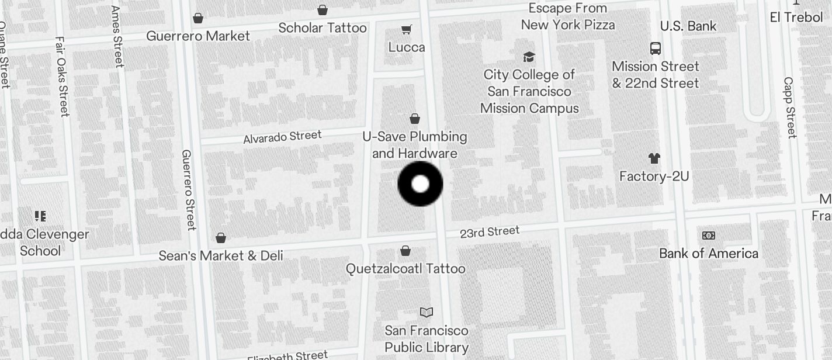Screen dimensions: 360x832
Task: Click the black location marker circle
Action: tap(420, 184)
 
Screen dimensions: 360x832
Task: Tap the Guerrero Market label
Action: tap(197, 36)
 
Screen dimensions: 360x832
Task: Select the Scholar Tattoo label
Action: tap(323, 27)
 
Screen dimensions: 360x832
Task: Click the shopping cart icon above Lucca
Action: tap(407, 29)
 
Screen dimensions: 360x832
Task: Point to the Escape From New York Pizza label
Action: tap(567, 16)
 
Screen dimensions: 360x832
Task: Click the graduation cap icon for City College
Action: tap(529, 57)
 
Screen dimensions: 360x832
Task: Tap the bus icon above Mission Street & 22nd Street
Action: tap(656, 49)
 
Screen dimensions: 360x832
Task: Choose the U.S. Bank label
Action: tap(688, 26)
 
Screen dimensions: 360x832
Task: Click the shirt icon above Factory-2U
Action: tap(654, 158)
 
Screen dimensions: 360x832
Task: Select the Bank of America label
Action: tap(708, 253)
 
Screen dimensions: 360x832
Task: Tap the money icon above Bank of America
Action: tap(708, 236)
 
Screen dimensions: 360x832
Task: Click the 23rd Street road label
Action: tap(489, 232)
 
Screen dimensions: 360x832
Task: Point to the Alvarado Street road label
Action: tap(282, 137)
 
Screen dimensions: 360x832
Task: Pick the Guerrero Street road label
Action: tap(188, 189)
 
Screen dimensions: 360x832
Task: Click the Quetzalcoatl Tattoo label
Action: tap(405, 269)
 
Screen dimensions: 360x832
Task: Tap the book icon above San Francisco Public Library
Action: tap(427, 313)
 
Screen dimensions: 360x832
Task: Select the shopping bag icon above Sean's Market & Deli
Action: tap(221, 238)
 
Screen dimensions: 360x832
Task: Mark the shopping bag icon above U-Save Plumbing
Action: tap(415, 119)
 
